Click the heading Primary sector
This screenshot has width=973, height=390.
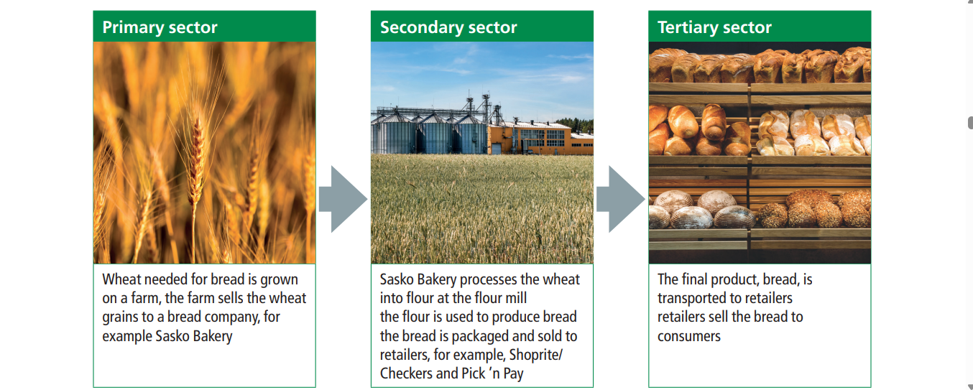point(160,27)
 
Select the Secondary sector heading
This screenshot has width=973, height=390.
point(448,27)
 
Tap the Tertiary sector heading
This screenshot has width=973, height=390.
point(714,27)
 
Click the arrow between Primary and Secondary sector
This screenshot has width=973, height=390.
point(343,199)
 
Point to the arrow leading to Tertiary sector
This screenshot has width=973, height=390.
point(621,199)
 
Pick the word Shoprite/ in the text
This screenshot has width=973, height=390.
point(536,355)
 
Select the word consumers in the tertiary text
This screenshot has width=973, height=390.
point(689,336)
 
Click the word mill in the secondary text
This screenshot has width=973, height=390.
point(516,298)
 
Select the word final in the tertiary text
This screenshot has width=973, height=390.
point(695,279)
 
